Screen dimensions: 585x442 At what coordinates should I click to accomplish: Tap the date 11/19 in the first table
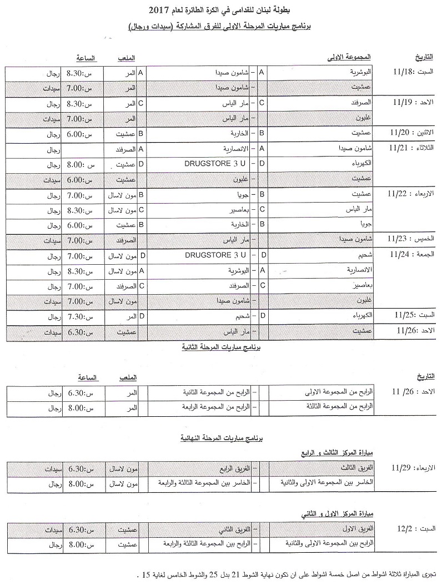click(401, 103)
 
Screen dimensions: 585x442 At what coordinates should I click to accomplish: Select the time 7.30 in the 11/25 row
click(74, 316)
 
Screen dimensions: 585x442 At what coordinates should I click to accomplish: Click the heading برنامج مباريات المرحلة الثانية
click(221, 347)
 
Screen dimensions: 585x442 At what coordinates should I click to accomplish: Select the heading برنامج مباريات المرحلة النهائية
click(221, 438)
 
